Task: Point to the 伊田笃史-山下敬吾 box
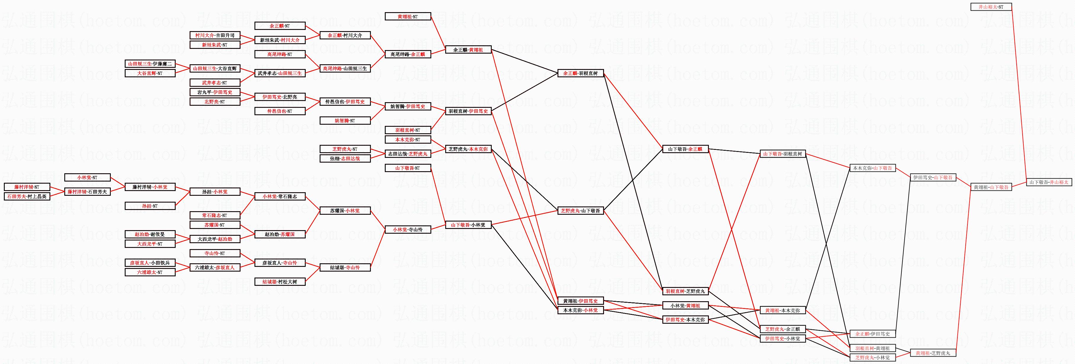click(x=933, y=178)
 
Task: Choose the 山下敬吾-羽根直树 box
click(x=782, y=154)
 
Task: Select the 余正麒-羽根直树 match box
click(x=580, y=73)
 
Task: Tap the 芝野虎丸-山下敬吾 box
click(x=580, y=211)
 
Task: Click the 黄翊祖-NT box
click(x=408, y=17)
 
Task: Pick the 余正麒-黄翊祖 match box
click(x=468, y=50)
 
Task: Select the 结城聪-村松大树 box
click(x=280, y=282)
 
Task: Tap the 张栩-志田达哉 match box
click(x=345, y=159)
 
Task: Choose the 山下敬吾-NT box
click(x=408, y=168)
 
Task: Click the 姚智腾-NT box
click(x=345, y=121)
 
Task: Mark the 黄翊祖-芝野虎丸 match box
click(x=933, y=353)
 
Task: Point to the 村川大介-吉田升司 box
click(x=215, y=36)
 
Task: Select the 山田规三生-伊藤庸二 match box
click(x=150, y=64)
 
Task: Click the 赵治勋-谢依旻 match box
click(x=150, y=235)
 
